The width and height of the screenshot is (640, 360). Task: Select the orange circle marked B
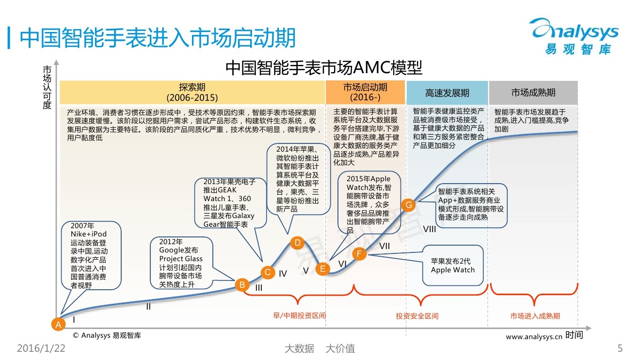pyautogui.click(x=242, y=285)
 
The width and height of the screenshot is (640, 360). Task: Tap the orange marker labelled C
pyautogui.click(x=267, y=272)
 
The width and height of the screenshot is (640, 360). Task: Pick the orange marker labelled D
pyautogui.click(x=298, y=243)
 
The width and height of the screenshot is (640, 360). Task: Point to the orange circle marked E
pyautogui.click(x=322, y=269)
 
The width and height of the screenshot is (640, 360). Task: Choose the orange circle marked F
pyautogui.click(x=359, y=253)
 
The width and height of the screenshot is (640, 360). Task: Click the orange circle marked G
pyautogui.click(x=409, y=205)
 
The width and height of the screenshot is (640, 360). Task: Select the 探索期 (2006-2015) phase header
pyautogui.click(x=192, y=92)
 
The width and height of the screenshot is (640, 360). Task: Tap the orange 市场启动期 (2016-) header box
pyautogui.click(x=365, y=92)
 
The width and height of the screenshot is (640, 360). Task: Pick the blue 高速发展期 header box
pyautogui.click(x=447, y=93)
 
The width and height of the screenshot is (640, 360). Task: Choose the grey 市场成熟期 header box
pyautogui.click(x=533, y=93)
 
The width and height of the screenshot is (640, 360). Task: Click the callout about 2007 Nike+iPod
pyautogui.click(x=91, y=255)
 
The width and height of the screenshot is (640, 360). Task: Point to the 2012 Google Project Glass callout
pyautogui.click(x=181, y=263)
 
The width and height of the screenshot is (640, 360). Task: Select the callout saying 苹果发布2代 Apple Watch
pyautogui.click(x=453, y=266)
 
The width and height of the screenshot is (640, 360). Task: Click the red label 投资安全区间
pyautogui.click(x=417, y=316)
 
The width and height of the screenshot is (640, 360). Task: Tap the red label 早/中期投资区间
pyautogui.click(x=300, y=316)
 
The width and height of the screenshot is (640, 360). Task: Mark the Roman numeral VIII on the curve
pyautogui.click(x=430, y=229)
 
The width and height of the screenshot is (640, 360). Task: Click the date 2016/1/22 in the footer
pyautogui.click(x=41, y=348)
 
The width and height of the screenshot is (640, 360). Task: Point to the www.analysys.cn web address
pyautogui.click(x=534, y=337)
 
